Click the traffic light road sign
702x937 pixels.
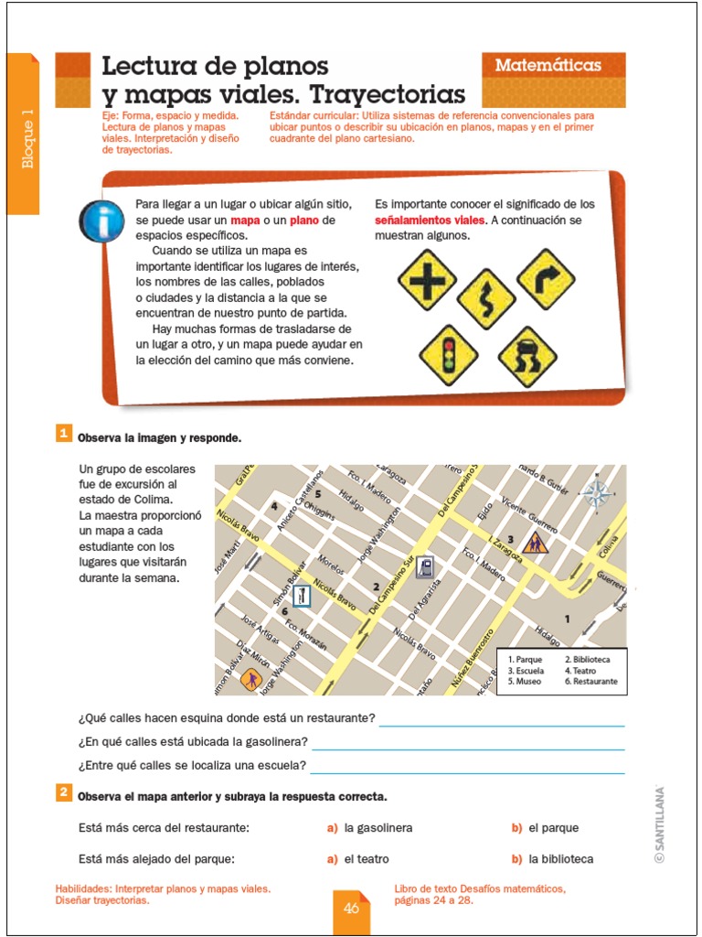[x=449, y=355]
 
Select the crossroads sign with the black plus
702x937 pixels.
[x=427, y=280]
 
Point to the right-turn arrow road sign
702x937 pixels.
[x=546, y=278]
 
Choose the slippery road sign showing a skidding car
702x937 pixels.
[x=527, y=357]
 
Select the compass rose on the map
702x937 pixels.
[x=598, y=494]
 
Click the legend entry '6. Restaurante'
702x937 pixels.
[x=590, y=682]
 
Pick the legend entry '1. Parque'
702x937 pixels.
[x=526, y=660]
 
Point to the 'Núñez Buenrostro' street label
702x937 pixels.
[x=472, y=657]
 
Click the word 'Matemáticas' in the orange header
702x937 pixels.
[x=548, y=66]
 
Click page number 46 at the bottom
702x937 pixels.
[x=351, y=909]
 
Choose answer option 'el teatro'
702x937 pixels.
[x=367, y=858]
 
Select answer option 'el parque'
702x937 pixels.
[x=553, y=828]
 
